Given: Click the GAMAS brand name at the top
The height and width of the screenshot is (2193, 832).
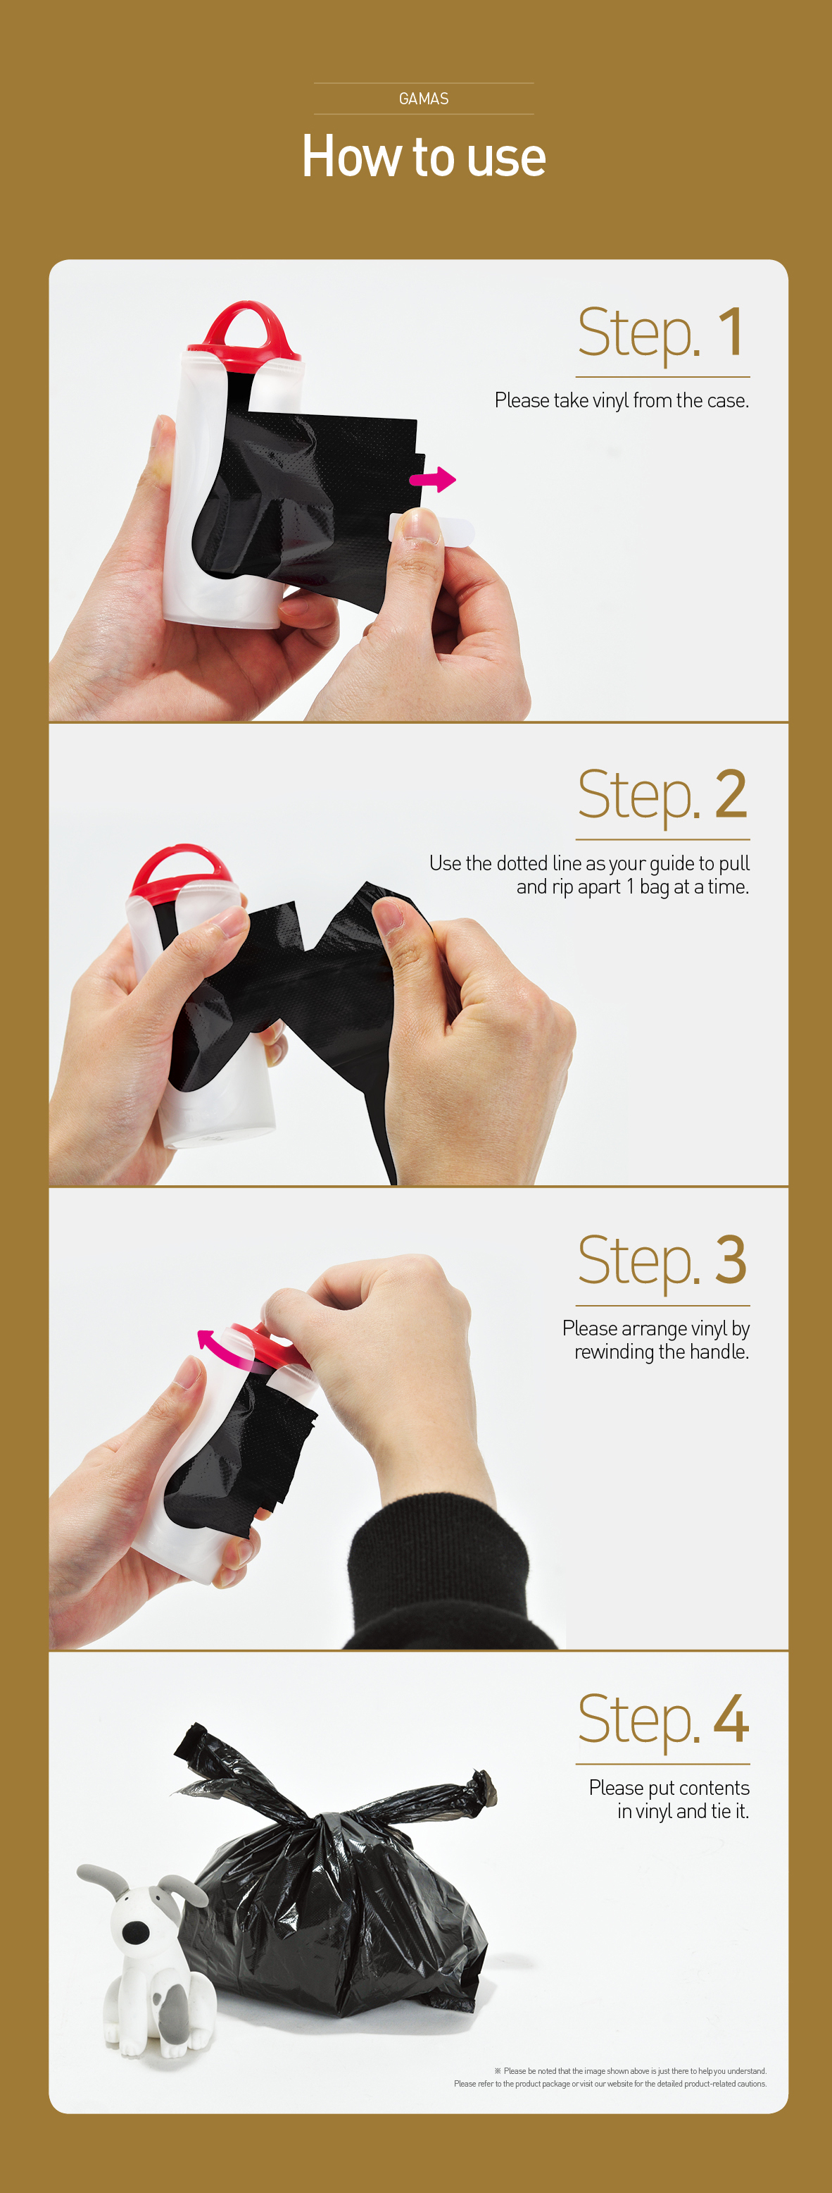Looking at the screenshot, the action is coord(424,99).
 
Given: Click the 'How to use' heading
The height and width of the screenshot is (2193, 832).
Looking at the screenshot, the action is coord(424,156).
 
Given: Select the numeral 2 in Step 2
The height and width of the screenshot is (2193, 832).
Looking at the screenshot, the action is coord(731,793).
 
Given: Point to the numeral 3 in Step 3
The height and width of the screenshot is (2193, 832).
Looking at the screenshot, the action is coord(731,1259).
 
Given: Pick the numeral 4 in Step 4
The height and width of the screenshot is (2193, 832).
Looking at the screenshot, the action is coord(731,1719).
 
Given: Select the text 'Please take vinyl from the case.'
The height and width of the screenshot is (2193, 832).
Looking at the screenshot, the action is coord(622,401).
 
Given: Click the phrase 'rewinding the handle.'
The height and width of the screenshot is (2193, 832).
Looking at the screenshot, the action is coord(662,1352).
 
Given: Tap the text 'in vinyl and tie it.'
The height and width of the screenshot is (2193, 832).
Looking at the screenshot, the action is coord(683,1811).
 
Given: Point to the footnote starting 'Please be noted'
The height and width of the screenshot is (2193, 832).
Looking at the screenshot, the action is coord(610,2077).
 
